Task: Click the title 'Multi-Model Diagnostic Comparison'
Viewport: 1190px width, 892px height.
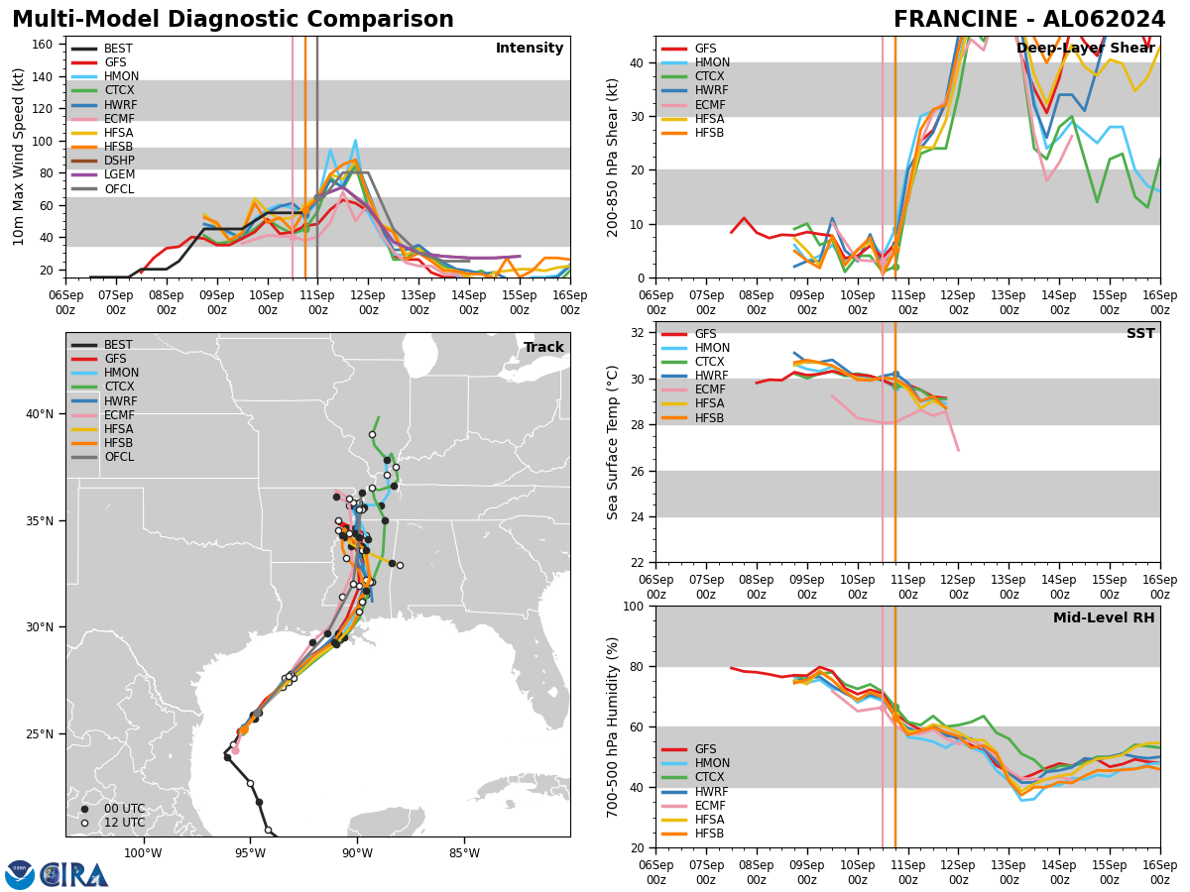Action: pyautogui.click(x=233, y=20)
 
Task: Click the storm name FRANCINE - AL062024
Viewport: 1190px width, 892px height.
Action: pyautogui.click(x=1029, y=20)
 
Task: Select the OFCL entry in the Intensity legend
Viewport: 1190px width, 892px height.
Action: pyautogui.click(x=118, y=189)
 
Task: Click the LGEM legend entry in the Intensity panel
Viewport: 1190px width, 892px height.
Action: pyautogui.click(x=119, y=175)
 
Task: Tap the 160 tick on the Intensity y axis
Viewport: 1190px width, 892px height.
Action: pyautogui.click(x=45, y=45)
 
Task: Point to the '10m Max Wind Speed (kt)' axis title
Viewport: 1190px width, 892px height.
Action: pyautogui.click(x=18, y=157)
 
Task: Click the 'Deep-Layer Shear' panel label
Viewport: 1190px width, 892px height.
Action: pyautogui.click(x=1085, y=49)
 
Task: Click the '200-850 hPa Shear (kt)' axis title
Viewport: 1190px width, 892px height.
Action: pyautogui.click(x=614, y=157)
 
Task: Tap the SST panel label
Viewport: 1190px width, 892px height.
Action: pyautogui.click(x=1140, y=334)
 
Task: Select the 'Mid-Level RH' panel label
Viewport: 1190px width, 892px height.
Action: pyautogui.click(x=1104, y=618)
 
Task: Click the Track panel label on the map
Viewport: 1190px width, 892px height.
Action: pyautogui.click(x=543, y=348)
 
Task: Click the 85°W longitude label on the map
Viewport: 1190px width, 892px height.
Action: pyautogui.click(x=463, y=853)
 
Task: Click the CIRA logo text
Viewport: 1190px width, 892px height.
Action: pyautogui.click(x=74, y=874)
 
